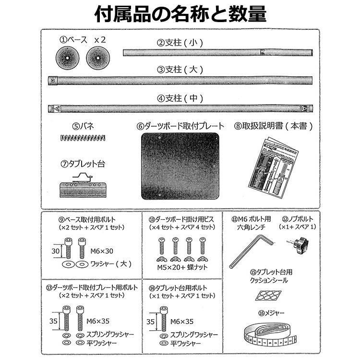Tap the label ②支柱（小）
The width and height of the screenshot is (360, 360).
coord(180,42)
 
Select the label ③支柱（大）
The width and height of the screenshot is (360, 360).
coord(180,70)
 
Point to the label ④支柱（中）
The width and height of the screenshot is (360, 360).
coord(180,98)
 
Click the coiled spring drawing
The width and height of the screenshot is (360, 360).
coord(84,138)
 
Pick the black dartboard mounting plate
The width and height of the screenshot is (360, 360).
coord(180,166)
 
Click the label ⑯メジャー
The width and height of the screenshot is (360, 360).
coord(271,313)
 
